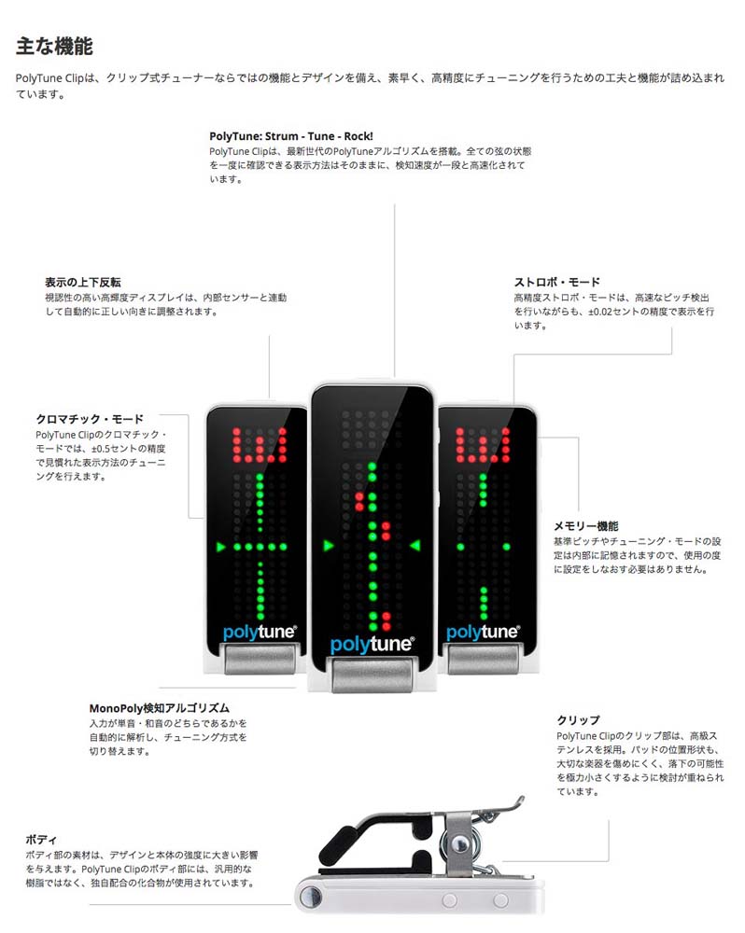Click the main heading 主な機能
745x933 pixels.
pos(53,45)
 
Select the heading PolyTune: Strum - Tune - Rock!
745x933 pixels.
pos(291,135)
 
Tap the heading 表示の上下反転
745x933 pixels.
pos(82,281)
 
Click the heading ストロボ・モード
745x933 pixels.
pos(556,281)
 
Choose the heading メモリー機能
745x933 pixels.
pos(585,525)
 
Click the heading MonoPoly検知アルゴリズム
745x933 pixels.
pos(159,707)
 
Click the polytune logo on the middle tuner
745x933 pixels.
pos(372,645)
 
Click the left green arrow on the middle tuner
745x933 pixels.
pos(328,546)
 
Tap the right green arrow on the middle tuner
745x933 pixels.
pos(415,546)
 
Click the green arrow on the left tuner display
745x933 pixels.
pos(220,546)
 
